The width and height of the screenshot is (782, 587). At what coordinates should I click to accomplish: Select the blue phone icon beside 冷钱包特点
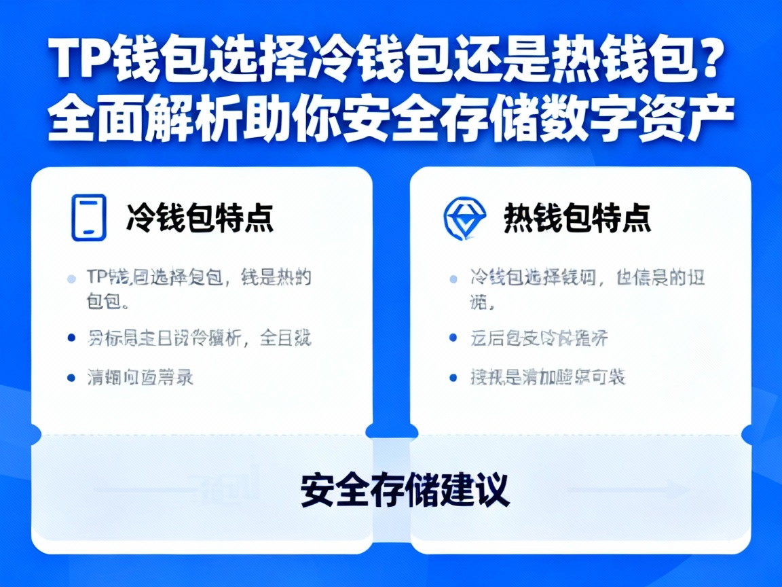coord(89,217)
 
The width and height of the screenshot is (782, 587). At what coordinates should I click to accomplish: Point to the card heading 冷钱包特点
coord(200,218)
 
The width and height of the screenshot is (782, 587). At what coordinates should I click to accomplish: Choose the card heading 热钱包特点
coord(577,218)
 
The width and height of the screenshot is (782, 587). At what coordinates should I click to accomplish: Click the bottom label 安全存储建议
coord(405,489)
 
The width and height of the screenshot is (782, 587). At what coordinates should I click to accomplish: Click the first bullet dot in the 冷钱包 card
coord(71,279)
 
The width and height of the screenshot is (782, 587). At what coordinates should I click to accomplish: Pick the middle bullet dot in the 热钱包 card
coord(453,338)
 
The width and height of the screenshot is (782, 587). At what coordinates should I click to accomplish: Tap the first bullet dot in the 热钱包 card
coord(453,279)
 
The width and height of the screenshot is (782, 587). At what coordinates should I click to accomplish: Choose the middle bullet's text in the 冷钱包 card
coord(199,338)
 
